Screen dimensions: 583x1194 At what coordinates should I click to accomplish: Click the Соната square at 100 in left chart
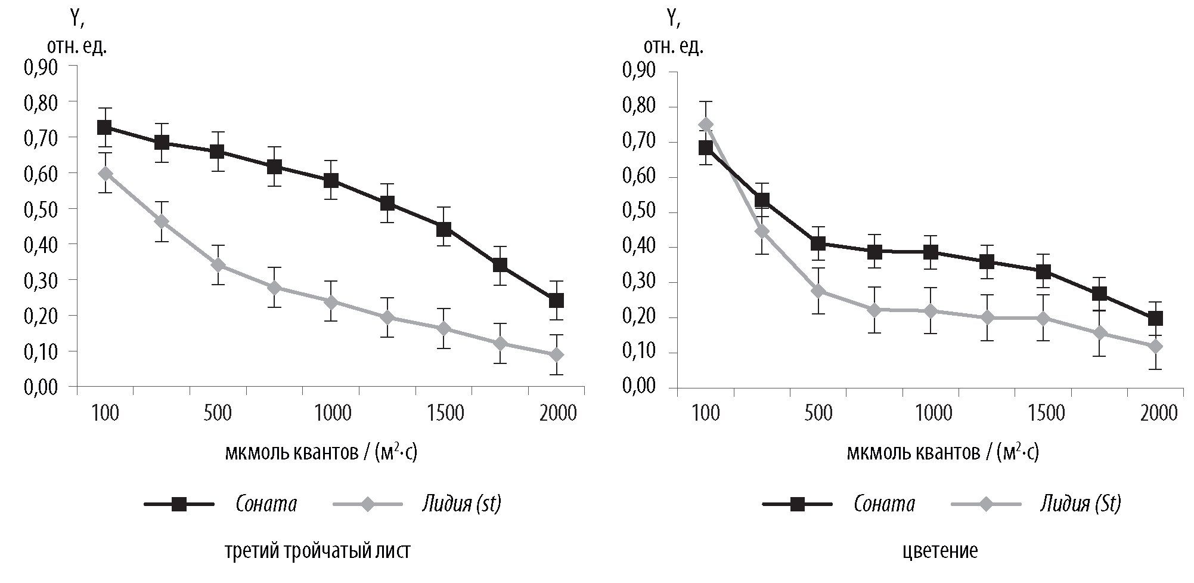(104, 127)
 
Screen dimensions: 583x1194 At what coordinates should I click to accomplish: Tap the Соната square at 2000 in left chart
(556, 300)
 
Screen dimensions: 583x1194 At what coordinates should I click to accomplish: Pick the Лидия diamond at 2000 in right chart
(1155, 346)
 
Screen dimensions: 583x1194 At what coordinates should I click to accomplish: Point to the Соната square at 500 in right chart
(818, 243)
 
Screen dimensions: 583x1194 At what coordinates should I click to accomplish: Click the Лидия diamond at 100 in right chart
(706, 125)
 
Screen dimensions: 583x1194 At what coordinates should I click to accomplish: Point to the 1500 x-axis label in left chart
(444, 413)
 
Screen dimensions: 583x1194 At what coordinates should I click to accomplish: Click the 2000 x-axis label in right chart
(1158, 413)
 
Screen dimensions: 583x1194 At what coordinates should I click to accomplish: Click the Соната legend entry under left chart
(266, 504)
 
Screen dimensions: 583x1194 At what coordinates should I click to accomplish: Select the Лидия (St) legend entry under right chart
(1080, 504)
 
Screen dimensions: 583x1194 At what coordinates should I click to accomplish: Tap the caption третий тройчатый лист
(318, 550)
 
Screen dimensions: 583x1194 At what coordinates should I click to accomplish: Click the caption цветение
(940, 550)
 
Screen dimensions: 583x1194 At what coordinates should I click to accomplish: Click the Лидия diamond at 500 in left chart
(218, 264)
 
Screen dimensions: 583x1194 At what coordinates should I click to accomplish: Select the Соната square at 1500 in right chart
(1043, 272)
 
